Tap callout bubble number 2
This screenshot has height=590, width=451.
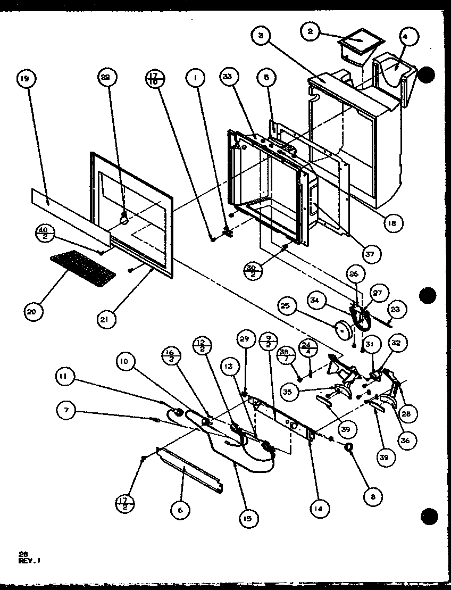click(311, 32)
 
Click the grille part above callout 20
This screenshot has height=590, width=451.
click(83, 267)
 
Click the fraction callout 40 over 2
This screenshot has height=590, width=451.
click(44, 233)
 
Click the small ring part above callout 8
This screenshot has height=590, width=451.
click(350, 448)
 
